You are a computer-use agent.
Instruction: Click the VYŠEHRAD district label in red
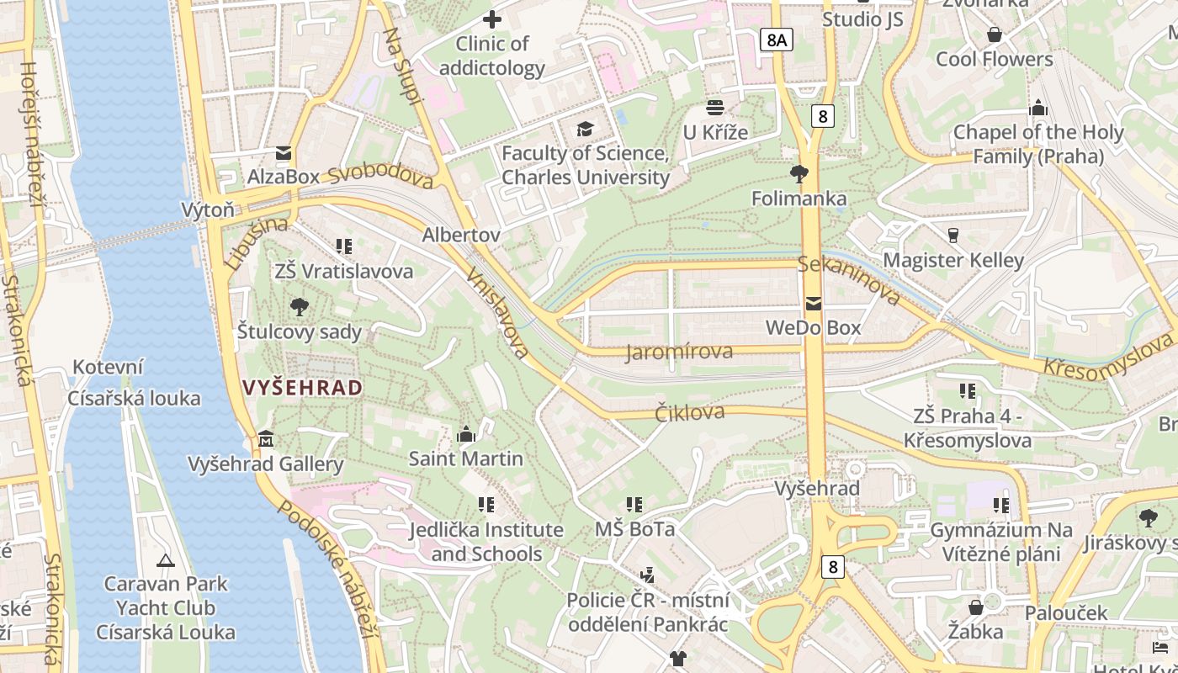click(303, 388)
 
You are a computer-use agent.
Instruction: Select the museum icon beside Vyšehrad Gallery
click(267, 439)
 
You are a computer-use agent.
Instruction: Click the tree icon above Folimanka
click(799, 174)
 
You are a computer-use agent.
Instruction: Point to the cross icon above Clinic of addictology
click(492, 19)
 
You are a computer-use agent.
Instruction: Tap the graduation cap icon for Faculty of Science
click(585, 129)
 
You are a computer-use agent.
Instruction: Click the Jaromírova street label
click(679, 352)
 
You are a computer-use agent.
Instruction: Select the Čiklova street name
click(689, 412)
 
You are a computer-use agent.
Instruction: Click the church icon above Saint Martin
click(466, 434)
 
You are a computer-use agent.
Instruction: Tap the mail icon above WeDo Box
click(813, 304)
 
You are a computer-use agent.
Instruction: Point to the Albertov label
click(461, 235)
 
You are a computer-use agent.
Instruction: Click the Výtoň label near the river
click(208, 209)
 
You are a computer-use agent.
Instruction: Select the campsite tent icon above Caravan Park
click(166, 559)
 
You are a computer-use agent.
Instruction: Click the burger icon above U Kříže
click(715, 108)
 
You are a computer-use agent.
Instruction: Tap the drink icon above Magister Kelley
click(953, 235)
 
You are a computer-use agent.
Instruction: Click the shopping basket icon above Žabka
click(976, 607)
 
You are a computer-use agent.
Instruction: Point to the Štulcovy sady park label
click(299, 331)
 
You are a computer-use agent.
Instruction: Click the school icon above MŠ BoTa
click(634, 505)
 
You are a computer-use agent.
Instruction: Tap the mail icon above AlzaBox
click(284, 153)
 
